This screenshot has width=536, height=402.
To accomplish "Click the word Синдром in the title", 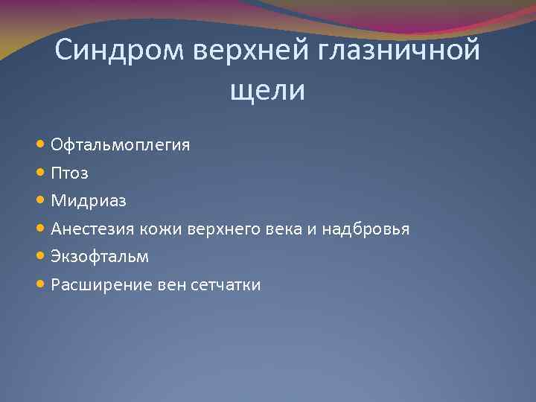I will click(x=120, y=51).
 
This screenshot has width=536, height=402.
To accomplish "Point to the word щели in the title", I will click(x=268, y=90).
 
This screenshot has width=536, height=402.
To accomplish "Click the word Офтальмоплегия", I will click(x=120, y=144).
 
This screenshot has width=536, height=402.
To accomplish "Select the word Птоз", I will click(x=69, y=173).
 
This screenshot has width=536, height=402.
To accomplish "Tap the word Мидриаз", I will click(x=89, y=201).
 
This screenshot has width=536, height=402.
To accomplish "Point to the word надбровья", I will click(x=374, y=229).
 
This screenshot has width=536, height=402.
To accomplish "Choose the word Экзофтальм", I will click(x=100, y=257).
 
